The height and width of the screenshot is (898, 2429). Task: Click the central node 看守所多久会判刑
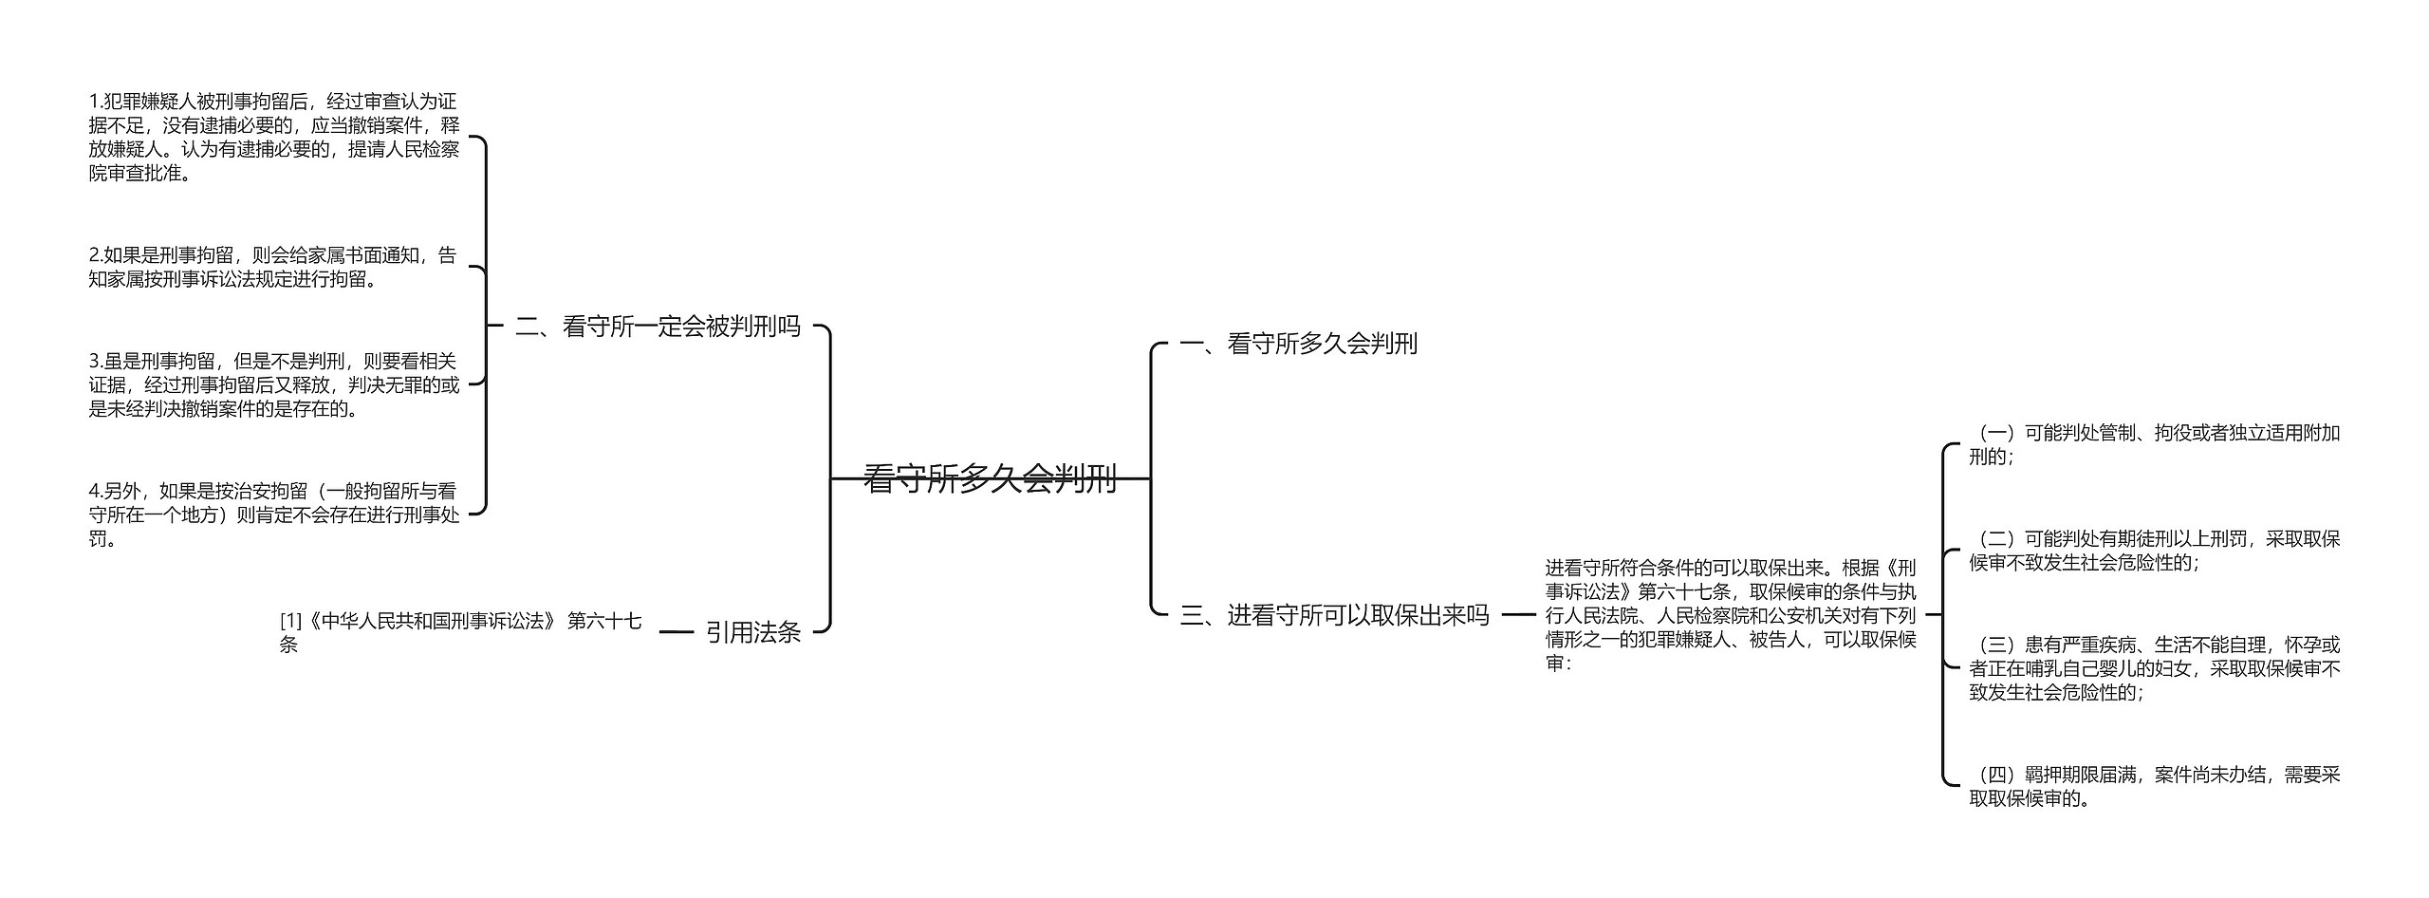[x=990, y=478]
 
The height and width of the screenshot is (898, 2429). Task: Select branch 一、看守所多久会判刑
[x=1298, y=344]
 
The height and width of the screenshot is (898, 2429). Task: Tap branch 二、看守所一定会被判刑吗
[x=658, y=327]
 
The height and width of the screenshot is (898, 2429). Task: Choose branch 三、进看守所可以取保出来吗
[x=1334, y=615]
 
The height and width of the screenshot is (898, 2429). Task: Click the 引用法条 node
[x=753, y=632]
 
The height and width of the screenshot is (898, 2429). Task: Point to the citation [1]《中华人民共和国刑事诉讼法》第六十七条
[x=460, y=632]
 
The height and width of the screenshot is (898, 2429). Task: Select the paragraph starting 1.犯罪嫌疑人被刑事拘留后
[x=273, y=137]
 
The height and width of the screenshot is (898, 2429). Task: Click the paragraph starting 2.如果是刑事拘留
[x=273, y=267]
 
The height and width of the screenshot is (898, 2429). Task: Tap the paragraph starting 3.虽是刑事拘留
[x=273, y=384]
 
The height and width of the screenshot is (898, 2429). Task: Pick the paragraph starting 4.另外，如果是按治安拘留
[x=273, y=514]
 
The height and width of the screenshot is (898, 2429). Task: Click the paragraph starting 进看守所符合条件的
[x=1730, y=615]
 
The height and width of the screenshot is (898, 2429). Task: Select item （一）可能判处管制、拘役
[x=2154, y=444]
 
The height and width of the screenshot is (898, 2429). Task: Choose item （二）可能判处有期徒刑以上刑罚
[x=2154, y=551]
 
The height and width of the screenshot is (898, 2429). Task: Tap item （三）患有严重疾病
[x=2154, y=668]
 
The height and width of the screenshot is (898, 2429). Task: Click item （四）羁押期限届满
[x=2154, y=786]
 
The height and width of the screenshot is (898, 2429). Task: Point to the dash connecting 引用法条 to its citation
[x=676, y=632]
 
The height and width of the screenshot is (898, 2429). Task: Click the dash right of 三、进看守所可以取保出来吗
[x=1518, y=615]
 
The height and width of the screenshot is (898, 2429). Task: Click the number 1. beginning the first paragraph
[x=96, y=102]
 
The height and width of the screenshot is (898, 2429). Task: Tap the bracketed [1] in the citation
[x=289, y=621]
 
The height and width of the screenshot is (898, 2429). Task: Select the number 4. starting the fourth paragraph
[x=96, y=491]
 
